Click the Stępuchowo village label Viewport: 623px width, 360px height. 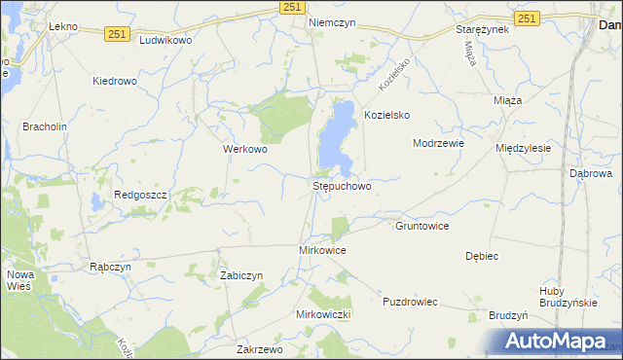342,185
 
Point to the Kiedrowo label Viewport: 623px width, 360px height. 115,82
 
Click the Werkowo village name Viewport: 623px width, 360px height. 245,150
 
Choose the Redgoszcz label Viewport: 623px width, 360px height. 141,195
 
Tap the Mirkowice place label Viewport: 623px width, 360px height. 322,250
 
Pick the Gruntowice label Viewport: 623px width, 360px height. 421,226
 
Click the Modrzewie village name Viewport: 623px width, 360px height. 438,142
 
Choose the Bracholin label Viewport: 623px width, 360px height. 44,126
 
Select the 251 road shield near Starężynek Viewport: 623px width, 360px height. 527,18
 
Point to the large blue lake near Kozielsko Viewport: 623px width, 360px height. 337,136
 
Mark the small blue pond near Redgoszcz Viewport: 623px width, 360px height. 96,202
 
